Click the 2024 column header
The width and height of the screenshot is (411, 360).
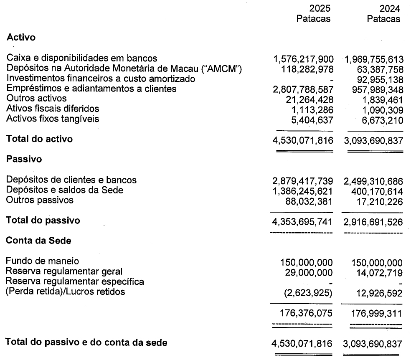click(x=390, y=8)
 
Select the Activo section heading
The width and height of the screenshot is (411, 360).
click(x=21, y=37)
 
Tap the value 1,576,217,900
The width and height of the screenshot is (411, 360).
click(x=302, y=59)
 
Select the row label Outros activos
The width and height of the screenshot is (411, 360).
click(x=36, y=99)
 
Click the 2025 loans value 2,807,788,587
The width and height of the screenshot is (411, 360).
click(x=302, y=89)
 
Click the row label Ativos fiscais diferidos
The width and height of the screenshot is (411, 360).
click(x=53, y=109)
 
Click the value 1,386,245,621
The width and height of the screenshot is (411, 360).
click(x=302, y=191)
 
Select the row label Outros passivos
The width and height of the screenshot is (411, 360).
click(x=40, y=200)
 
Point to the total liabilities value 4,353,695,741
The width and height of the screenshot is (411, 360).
click(x=302, y=221)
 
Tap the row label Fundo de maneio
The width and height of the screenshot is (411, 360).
click(x=42, y=261)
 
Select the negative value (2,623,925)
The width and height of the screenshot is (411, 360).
click(x=308, y=292)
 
